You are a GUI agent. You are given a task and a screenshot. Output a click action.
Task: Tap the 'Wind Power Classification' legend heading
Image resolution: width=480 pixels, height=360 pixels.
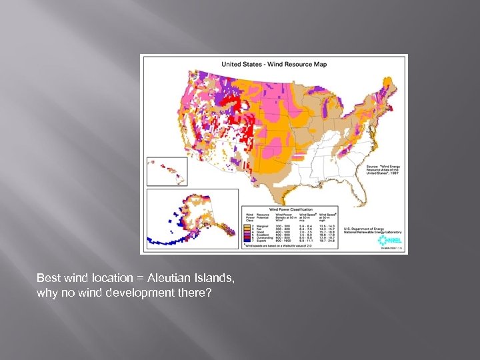[x=289, y=207]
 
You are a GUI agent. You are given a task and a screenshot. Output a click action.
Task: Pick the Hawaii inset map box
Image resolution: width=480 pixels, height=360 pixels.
[x=167, y=172]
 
